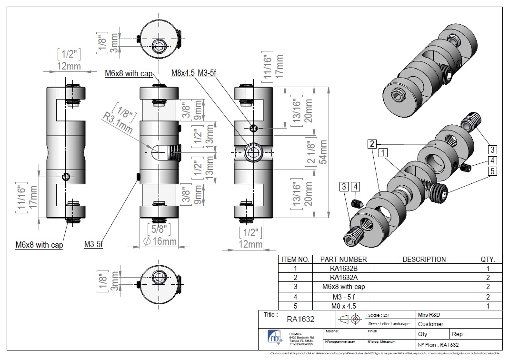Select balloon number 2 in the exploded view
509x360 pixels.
[372, 143]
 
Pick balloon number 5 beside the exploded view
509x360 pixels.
[493, 170]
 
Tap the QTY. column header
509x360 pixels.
[488, 260]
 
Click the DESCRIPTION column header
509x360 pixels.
[424, 260]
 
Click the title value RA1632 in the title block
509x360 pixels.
[300, 319]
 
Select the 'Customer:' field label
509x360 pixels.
[431, 324]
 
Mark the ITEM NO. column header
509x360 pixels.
[295, 260]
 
